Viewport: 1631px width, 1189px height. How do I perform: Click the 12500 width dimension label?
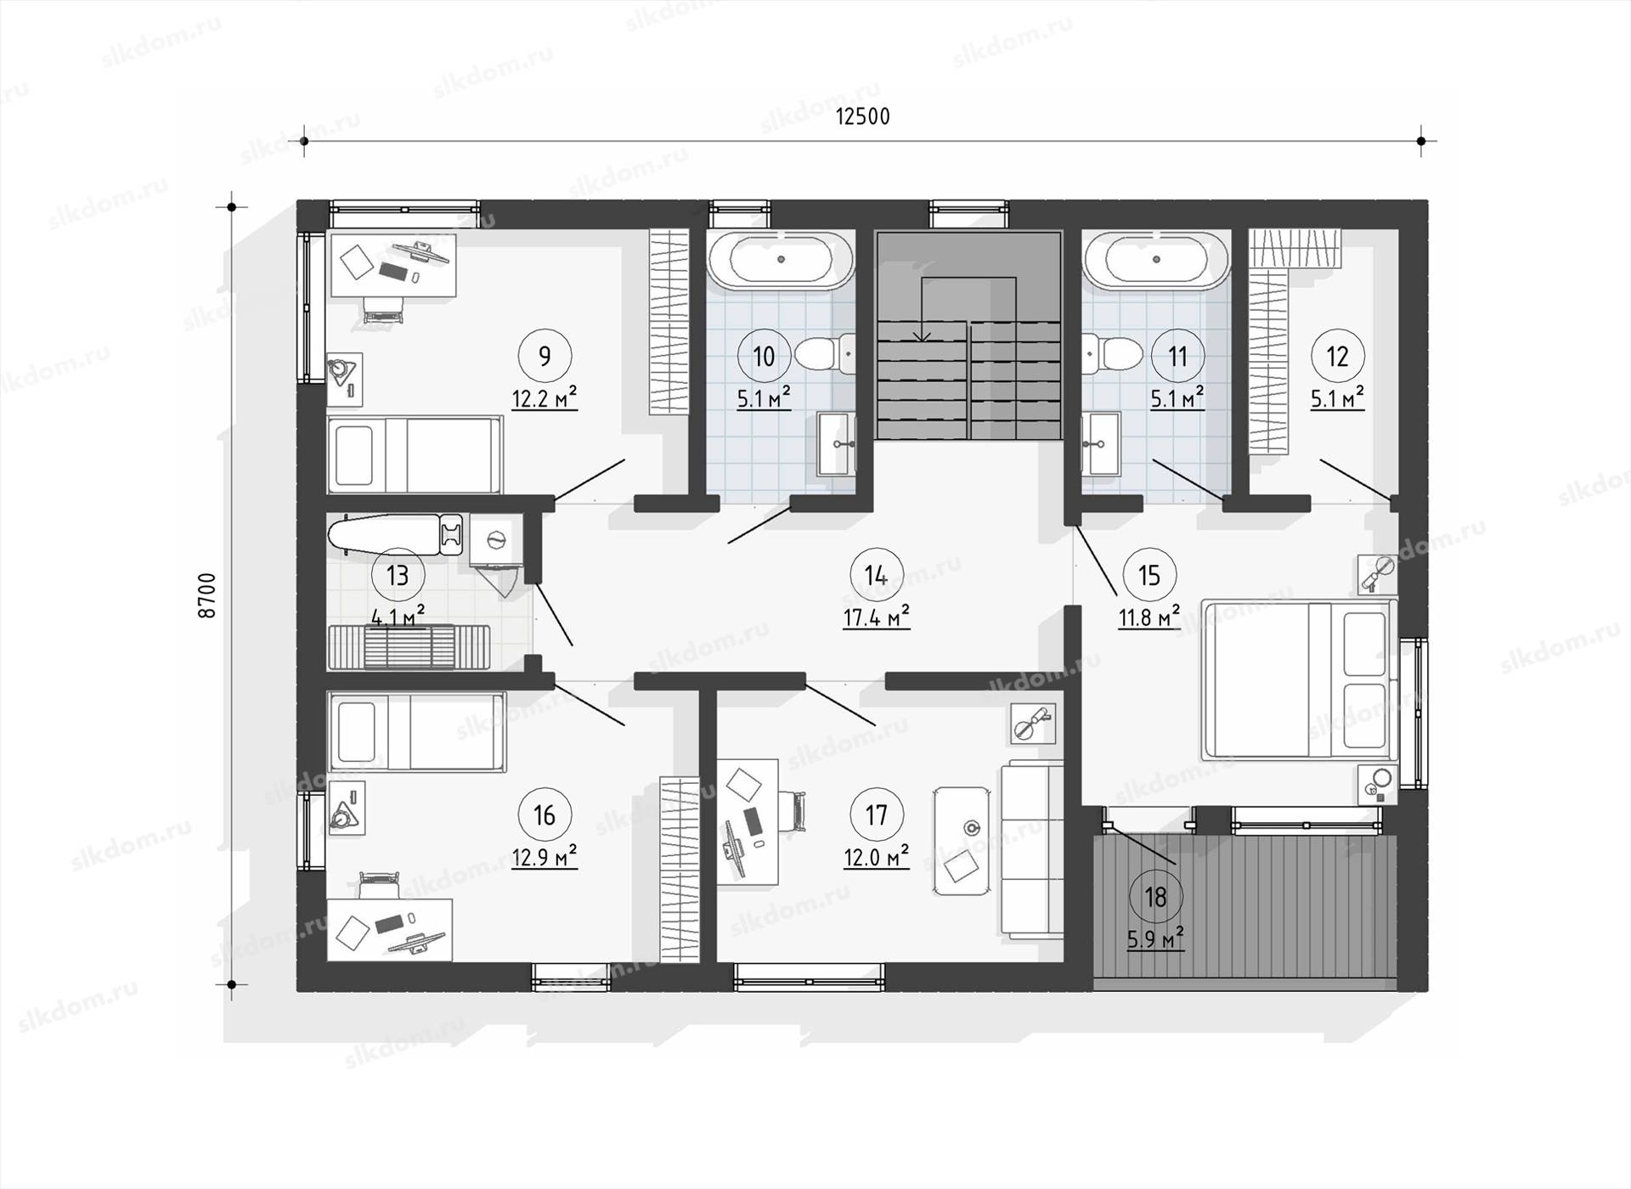point(863,116)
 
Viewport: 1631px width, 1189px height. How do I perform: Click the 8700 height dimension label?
point(207,595)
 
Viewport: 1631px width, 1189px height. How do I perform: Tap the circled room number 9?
point(545,356)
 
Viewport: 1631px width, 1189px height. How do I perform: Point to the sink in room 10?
point(836,443)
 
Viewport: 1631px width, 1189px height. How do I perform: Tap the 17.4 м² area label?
point(877,618)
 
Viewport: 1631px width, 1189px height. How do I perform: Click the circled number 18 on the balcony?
point(1155,897)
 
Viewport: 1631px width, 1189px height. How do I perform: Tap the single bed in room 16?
point(416,732)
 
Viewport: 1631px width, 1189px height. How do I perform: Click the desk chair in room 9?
point(381,309)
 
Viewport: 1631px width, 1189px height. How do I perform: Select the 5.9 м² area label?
point(1155,939)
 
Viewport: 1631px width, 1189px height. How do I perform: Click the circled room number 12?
point(1338,356)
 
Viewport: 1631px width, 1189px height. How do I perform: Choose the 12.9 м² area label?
point(545,858)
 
